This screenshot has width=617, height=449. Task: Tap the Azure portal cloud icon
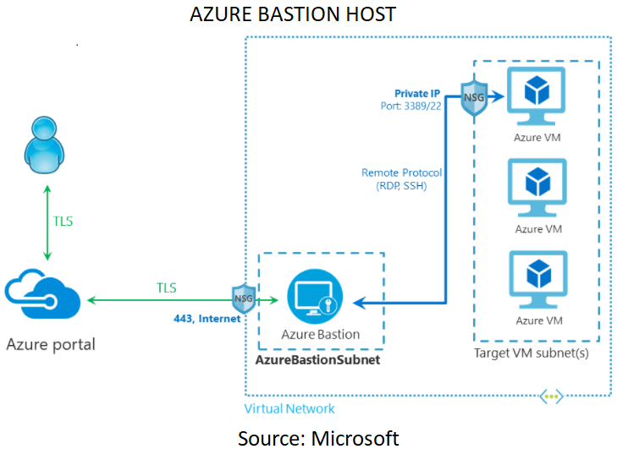point(42,297)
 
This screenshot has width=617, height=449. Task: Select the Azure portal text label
point(51,344)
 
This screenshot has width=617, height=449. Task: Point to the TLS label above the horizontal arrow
point(167,287)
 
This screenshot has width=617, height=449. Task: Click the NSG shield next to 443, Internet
point(244,298)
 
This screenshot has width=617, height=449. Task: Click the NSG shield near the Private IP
point(473,98)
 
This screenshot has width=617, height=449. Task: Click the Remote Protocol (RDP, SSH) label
point(402,179)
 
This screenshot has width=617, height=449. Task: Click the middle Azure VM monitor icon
point(537,188)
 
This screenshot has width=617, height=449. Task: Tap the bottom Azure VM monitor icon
point(537,279)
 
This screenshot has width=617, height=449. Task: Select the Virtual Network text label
point(289,408)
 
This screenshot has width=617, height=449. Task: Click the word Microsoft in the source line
point(355,437)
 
